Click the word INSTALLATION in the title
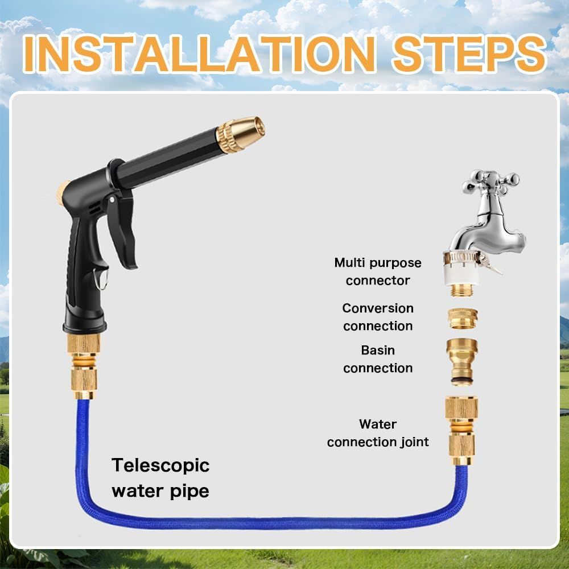[199, 54]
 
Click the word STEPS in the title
[469, 53]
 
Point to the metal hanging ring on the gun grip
[101, 279]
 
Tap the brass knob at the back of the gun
[63, 192]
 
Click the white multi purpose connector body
[462, 275]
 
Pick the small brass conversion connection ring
[462, 319]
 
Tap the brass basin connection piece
[461, 361]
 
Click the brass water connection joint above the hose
[461, 431]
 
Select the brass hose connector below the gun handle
[84, 367]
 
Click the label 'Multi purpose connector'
[378, 271]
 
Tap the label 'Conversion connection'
[378, 317]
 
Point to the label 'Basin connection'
[378, 359]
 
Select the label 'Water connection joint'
[378, 433]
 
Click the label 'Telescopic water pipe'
[160, 478]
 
